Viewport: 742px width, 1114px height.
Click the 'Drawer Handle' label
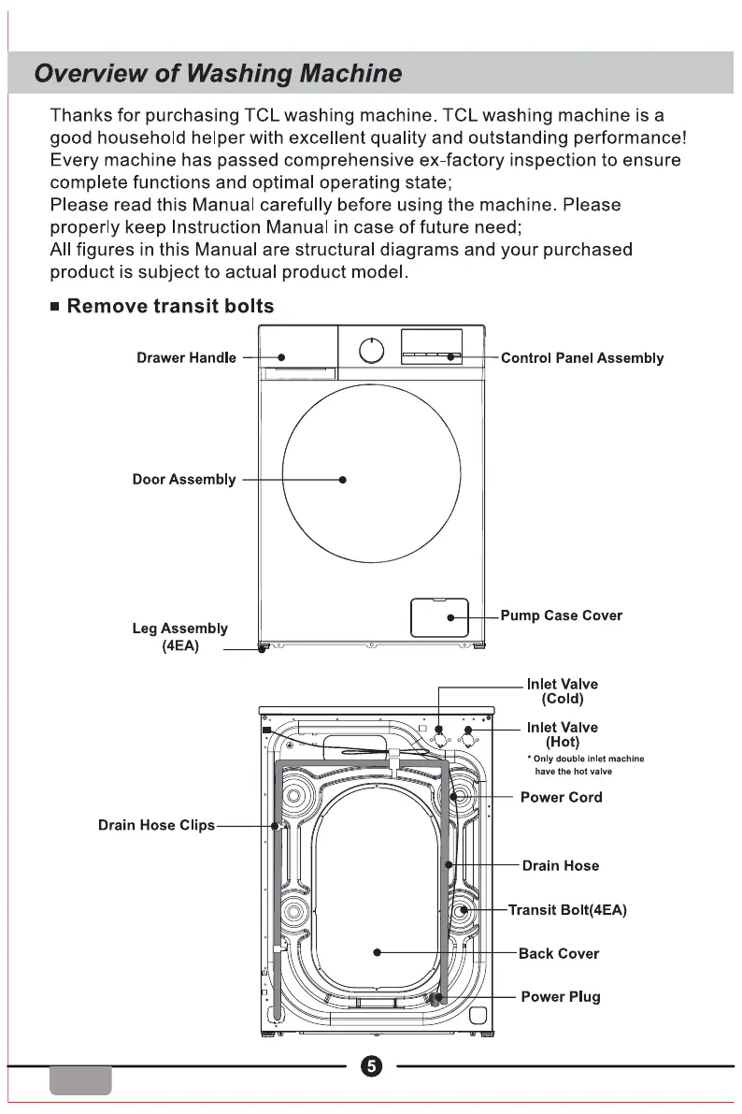186,358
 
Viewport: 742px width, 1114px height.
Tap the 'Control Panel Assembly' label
582,358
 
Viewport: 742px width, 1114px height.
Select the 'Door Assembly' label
184,480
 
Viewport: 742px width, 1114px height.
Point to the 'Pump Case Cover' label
561,615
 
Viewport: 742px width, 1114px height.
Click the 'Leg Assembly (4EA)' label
179,637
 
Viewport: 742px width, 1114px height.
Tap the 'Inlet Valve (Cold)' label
562,691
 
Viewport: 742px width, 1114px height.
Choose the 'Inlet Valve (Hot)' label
562,734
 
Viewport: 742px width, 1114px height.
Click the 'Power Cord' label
561,798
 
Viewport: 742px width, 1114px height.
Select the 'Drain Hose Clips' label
156,826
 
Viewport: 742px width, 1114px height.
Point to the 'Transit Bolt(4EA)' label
566,909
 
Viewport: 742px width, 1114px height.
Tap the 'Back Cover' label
558,954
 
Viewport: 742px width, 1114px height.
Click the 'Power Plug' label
560,997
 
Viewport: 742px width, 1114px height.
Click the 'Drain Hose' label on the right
561,866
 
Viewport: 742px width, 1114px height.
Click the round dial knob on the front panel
372,351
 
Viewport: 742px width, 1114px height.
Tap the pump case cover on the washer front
439,617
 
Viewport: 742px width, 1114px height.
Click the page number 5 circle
371,1066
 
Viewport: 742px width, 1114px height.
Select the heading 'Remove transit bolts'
170,306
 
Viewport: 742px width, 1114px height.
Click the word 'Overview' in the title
87,74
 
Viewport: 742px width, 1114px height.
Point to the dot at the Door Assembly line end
343,480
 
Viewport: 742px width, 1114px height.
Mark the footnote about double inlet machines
586,765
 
